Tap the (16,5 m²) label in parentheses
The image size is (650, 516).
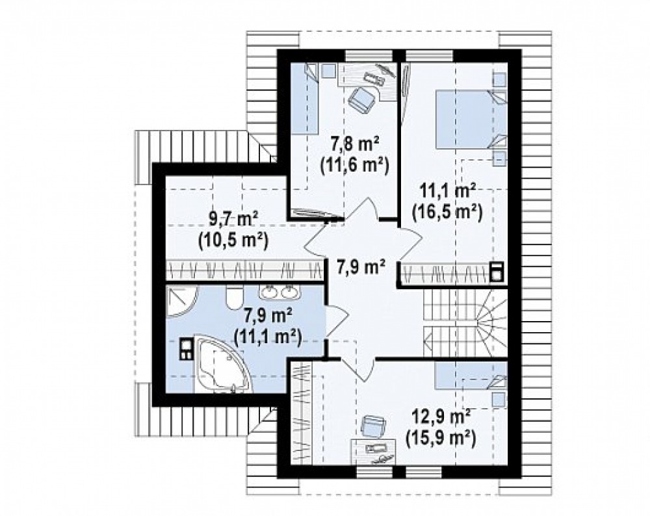pos(447,213)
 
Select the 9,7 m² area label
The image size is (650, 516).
pos(233,219)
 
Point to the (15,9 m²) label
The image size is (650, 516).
pos(440,437)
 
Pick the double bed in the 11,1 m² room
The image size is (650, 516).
pos(471,119)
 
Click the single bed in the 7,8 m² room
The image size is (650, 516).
pos(304,99)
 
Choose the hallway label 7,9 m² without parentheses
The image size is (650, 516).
pos(361,266)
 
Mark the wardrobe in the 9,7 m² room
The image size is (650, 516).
pos(244,270)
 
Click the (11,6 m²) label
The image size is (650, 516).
pos(354,165)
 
